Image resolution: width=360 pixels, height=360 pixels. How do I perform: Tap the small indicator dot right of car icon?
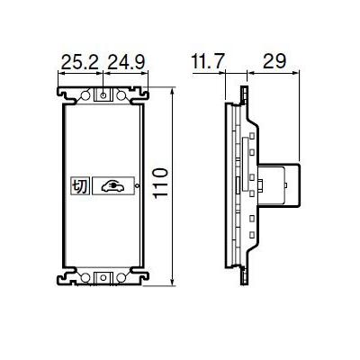[136, 186]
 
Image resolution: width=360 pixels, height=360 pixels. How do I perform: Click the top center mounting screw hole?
[102, 94]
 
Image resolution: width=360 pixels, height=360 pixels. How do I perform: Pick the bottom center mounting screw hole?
[102, 277]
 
